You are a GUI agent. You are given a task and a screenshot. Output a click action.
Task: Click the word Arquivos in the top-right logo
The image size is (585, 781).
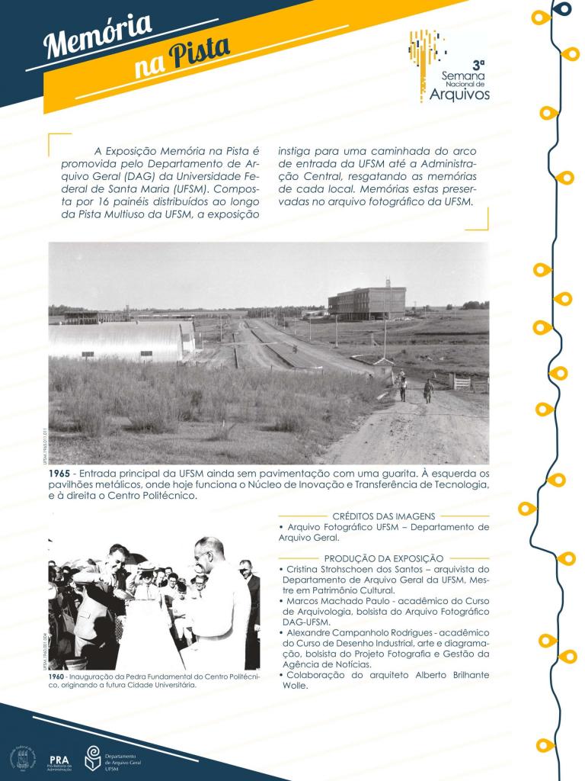pyautogui.click(x=459, y=95)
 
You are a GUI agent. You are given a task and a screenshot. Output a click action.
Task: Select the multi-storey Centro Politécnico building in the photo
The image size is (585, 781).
pyautogui.click(x=366, y=302)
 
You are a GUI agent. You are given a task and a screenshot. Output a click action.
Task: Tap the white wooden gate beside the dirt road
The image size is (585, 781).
pyautogui.click(x=462, y=382)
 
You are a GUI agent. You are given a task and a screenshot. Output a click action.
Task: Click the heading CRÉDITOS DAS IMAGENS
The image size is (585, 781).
pyautogui.click(x=384, y=516)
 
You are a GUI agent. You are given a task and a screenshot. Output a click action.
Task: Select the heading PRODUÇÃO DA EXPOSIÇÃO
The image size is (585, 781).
pyautogui.click(x=384, y=558)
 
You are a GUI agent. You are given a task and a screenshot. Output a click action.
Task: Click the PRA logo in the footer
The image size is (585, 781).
pyautogui.click(x=59, y=760)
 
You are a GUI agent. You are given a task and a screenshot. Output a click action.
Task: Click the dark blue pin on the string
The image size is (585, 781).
pyautogui.click(x=563, y=9)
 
